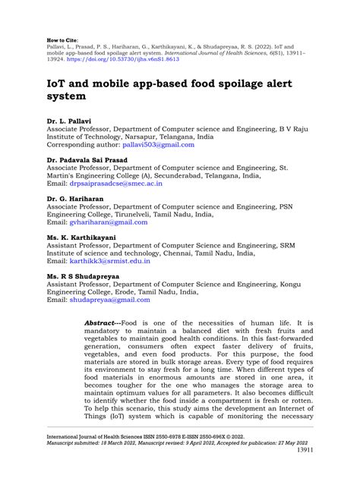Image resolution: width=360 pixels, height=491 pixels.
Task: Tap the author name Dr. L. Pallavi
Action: (x=70, y=121)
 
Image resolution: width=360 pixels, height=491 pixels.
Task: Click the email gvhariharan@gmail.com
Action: (x=108, y=222)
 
